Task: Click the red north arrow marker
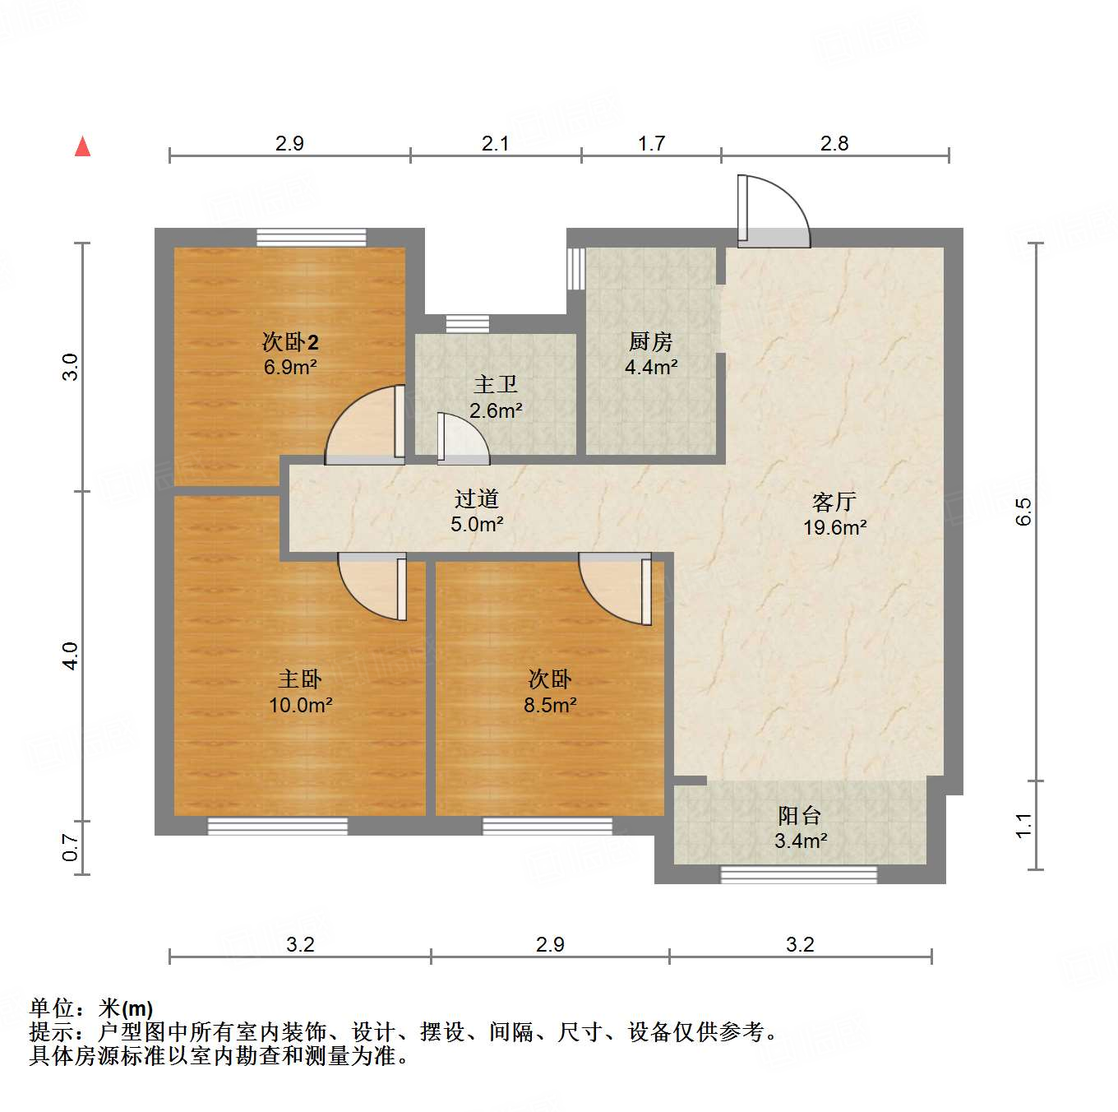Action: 82,147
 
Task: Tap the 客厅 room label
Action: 834,501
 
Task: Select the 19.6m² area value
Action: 834,528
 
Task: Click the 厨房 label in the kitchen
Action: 650,341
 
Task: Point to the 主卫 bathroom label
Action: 496,384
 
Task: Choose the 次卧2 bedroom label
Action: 290,341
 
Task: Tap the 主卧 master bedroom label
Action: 300,679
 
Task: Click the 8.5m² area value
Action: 550,705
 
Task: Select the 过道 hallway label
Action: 477,498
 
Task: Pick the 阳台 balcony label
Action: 800,815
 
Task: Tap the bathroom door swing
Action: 462,436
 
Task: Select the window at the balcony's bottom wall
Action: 798,874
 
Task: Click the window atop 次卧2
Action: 311,237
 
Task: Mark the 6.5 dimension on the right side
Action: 1023,512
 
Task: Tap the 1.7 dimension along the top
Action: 651,143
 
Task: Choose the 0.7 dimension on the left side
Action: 72,847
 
